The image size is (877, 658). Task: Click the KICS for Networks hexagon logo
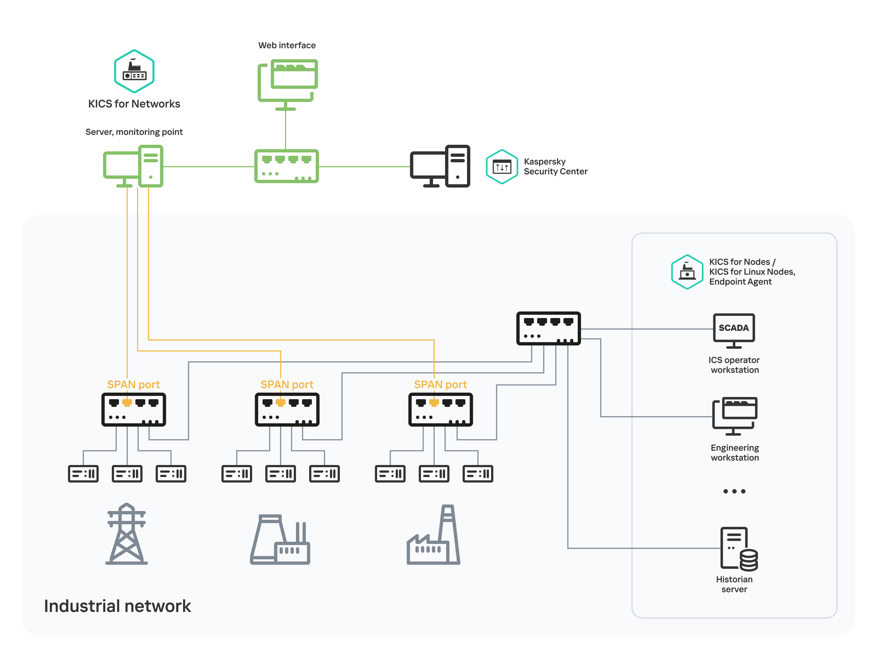[x=134, y=71]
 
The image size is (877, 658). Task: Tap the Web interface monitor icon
[x=288, y=81]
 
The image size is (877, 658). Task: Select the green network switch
[x=286, y=166]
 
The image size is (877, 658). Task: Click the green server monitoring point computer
[x=133, y=167]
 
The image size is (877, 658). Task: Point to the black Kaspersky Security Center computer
[x=440, y=167]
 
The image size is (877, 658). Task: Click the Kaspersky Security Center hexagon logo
[x=502, y=167]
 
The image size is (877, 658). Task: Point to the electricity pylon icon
[x=126, y=534]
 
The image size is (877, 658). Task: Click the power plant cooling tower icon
[x=280, y=540]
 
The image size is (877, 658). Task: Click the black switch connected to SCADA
[x=548, y=328]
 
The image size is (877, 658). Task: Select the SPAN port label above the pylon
[x=133, y=384]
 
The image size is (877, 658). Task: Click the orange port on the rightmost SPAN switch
[x=434, y=403]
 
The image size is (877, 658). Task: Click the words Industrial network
[x=117, y=606]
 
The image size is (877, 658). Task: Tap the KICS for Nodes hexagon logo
[x=687, y=272]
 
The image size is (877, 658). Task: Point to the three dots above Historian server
[x=734, y=491]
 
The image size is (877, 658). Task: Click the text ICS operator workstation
[x=734, y=365]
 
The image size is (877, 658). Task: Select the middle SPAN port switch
[x=287, y=410]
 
